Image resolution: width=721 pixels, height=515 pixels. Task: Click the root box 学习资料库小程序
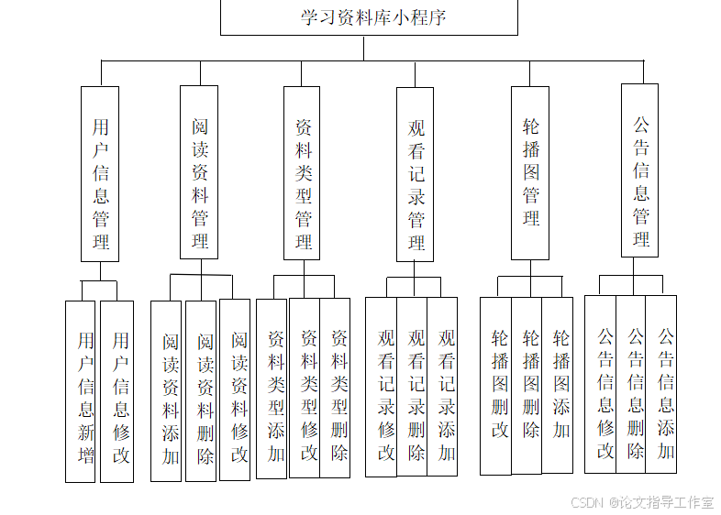[x=369, y=17]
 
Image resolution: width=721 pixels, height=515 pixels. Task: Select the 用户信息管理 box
[x=100, y=174]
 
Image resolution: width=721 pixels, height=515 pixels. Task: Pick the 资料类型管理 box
[x=302, y=173]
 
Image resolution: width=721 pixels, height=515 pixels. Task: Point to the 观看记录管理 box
[x=415, y=174]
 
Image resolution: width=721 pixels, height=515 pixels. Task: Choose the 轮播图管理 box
[x=530, y=173]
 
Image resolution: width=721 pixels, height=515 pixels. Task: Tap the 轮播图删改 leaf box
[x=496, y=386]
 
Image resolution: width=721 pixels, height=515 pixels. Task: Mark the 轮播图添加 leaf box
[x=557, y=385]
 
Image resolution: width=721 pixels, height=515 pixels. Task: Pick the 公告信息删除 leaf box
[x=631, y=384]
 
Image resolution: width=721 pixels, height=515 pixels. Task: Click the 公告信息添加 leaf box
[x=661, y=384]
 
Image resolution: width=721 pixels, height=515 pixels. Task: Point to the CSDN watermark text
[x=642, y=502]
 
